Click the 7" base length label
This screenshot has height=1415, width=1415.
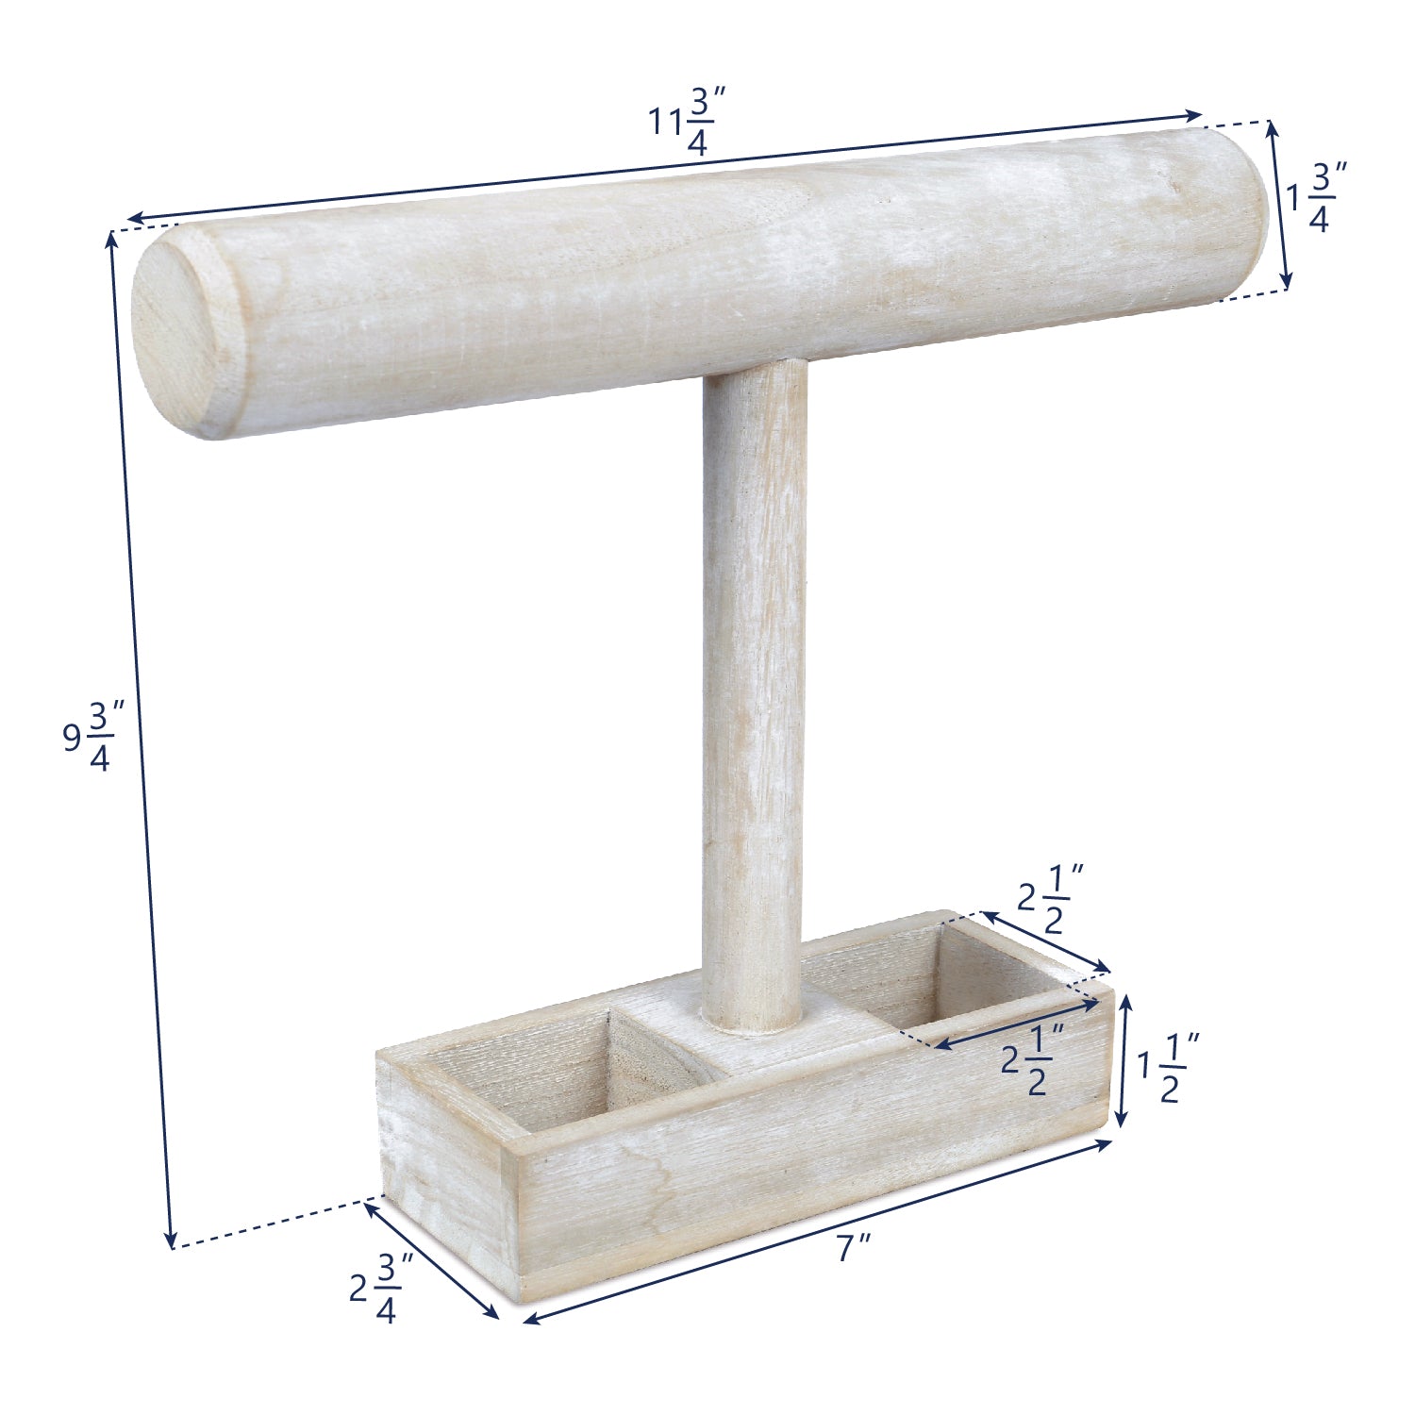854,1248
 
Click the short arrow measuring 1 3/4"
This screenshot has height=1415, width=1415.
1279,204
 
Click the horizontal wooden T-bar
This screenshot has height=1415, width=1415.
698,274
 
